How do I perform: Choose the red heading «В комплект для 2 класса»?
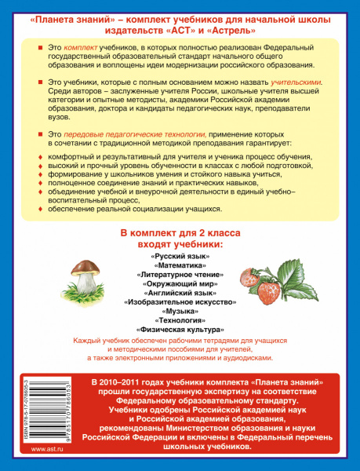[180, 234]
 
